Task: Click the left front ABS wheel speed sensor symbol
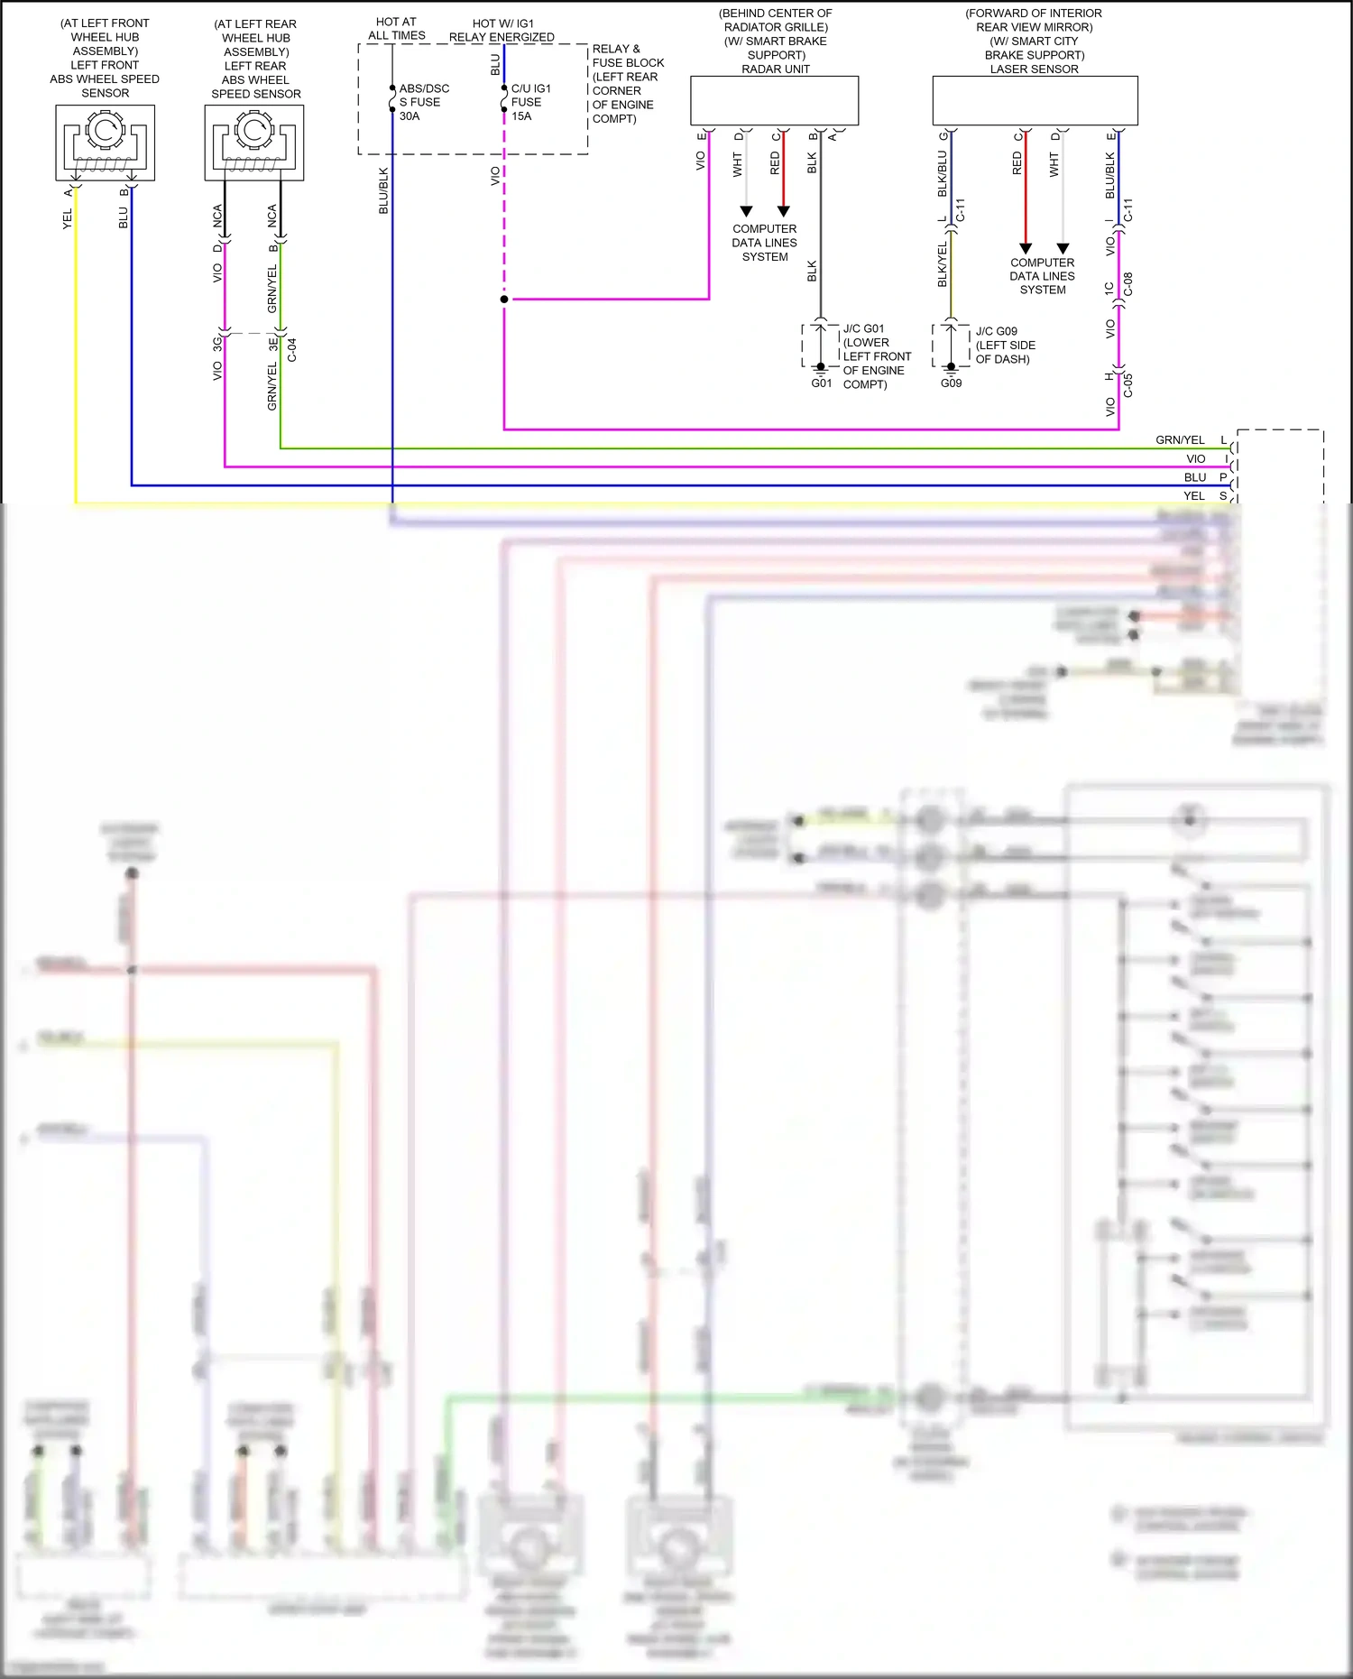pos(105,142)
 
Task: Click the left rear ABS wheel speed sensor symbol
pos(254,142)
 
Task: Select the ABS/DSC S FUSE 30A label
pos(424,102)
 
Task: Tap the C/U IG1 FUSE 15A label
pos(530,102)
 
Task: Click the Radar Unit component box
pos(774,100)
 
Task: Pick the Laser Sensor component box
pos(1035,100)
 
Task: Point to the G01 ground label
pos(821,383)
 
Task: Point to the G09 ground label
pos(951,383)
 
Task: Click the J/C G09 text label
pos(996,331)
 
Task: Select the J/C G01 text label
pos(863,328)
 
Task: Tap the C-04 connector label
pos(291,350)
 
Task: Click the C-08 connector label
pos(1127,284)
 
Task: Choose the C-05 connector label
pos(1127,385)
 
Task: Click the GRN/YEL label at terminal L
pos(1180,440)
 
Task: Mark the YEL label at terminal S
pos(1193,496)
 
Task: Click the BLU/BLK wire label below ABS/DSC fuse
pos(383,190)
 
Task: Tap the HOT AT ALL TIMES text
pos(396,29)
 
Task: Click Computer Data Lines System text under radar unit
pos(764,243)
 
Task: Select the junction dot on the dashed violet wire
pos(504,299)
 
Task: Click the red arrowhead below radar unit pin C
pos(783,211)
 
